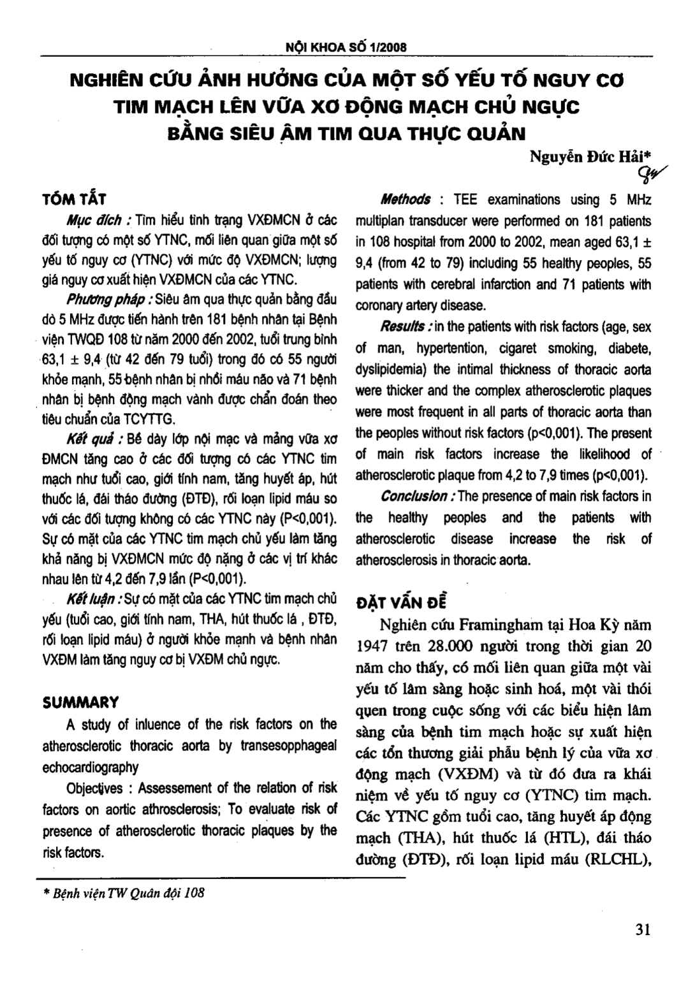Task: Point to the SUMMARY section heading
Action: click(80, 702)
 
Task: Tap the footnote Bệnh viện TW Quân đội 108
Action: click(124, 893)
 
